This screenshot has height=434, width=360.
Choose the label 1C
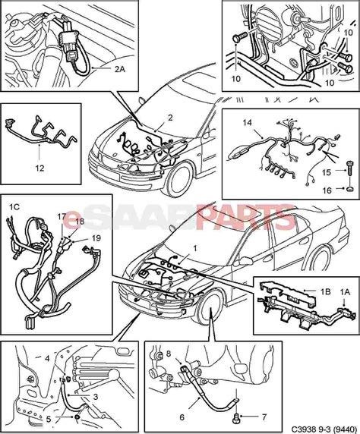14,205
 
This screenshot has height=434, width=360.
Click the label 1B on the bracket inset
305,290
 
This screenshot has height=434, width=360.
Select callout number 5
48,417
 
